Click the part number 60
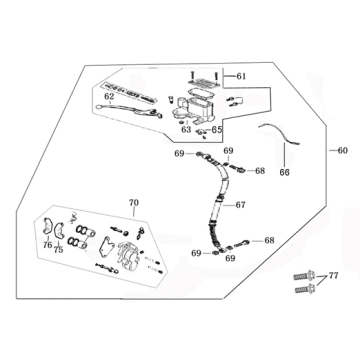coord(344,151)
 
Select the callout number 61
coord(240,76)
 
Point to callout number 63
coord(187,129)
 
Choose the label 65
coord(216,129)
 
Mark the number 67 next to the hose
coord(240,205)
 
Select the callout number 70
coord(132,203)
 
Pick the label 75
coord(59,251)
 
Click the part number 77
coord(334,274)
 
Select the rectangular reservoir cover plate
coord(205,73)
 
